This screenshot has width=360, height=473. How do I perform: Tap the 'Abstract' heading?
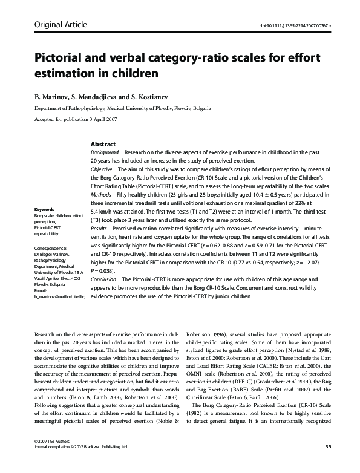(x=103, y=145)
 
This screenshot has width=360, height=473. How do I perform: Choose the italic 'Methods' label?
(x=101, y=196)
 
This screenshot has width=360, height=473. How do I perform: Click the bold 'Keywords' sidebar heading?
(x=45, y=210)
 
